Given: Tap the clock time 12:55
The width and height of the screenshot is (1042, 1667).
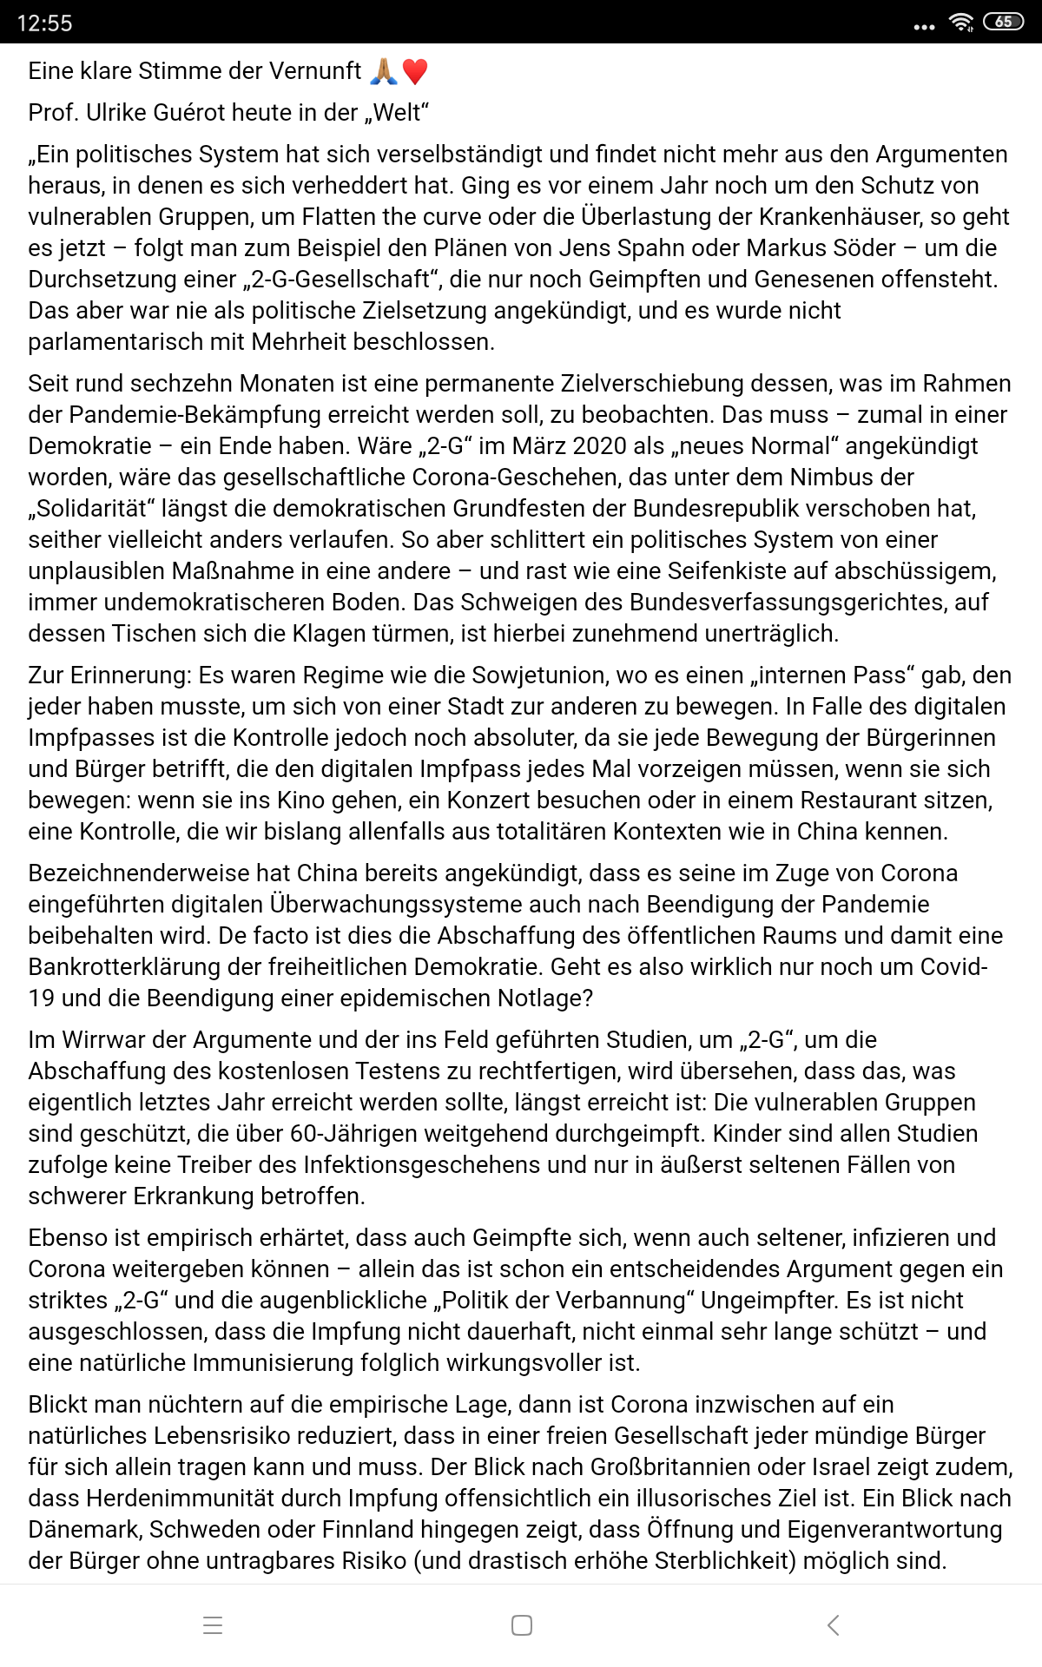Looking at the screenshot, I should point(44,23).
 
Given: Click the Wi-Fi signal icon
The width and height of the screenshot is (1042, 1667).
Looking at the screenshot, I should point(960,23).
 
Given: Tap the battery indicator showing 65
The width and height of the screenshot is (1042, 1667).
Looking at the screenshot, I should point(1003,22).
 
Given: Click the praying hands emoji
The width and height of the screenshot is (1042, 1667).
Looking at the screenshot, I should point(384,71).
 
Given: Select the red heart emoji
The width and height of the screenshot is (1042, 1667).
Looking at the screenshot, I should point(415,71).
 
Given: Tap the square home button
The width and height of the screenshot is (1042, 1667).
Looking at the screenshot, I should point(522,1625).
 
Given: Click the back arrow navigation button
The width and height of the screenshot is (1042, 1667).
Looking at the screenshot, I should point(833,1625).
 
